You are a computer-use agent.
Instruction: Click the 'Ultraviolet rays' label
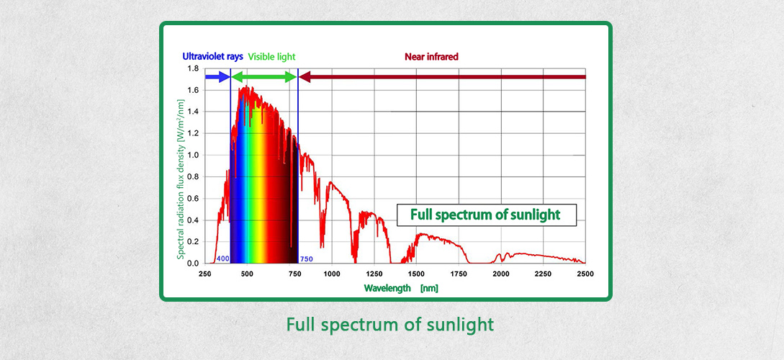coord(212,56)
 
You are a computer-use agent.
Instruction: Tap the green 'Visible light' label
coord(271,56)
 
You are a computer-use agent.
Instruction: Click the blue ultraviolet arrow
coord(217,76)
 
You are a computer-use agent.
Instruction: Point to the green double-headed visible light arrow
coord(263,76)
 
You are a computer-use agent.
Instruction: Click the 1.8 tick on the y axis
coord(193,68)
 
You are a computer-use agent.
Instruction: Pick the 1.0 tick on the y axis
coord(193,155)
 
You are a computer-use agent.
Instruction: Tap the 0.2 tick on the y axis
coord(193,242)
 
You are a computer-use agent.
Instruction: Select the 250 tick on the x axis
coord(205,274)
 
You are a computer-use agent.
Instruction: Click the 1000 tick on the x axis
coord(332,274)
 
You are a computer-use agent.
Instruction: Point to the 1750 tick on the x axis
coord(459,274)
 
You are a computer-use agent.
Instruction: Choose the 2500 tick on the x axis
coord(585,274)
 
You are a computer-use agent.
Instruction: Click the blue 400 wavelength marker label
coord(222,258)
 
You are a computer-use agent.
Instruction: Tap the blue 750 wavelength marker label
coord(306,258)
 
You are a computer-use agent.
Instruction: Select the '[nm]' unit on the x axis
coord(429,288)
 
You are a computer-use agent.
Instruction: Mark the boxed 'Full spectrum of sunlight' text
coord(487,215)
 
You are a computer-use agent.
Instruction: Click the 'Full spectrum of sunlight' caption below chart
coord(390,325)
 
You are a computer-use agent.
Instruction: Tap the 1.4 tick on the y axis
coord(193,112)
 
